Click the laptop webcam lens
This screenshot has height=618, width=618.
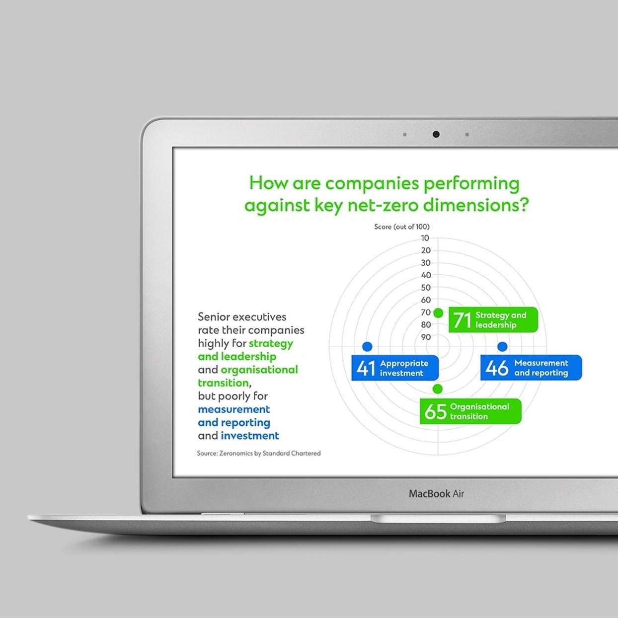436,134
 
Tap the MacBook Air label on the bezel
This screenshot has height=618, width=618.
436,494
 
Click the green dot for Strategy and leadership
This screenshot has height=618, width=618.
438,312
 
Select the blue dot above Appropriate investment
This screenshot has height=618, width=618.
367,346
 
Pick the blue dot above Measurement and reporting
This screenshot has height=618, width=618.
502,346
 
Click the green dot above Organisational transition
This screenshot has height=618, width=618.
438,389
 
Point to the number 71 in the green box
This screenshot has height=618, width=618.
462,320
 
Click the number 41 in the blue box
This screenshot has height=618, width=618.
366,368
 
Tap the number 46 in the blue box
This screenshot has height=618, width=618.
497,368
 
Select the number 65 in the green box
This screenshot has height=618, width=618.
436,411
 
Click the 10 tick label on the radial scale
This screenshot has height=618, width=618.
425,238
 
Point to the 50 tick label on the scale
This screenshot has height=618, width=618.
426,288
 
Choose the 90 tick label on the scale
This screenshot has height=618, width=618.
426,337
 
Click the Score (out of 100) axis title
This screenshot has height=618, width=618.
402,227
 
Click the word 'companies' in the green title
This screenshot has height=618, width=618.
372,184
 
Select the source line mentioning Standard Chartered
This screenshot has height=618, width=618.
259,453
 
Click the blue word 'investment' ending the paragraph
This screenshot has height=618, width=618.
250,436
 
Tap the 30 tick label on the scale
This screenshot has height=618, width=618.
426,263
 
